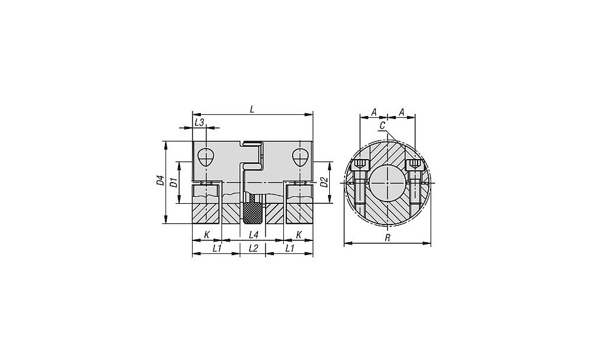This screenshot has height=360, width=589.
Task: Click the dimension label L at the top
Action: (253, 109)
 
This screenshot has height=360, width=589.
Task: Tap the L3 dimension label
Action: (199, 122)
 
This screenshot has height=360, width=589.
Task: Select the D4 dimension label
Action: (161, 181)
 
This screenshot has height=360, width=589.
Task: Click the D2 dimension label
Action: (324, 182)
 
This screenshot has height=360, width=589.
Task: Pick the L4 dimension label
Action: (254, 235)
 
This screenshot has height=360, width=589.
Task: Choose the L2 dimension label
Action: (253, 249)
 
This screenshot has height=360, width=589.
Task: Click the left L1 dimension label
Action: (217, 249)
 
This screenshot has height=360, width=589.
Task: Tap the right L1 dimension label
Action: (289, 249)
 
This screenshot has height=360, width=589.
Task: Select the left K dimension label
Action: (207, 235)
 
